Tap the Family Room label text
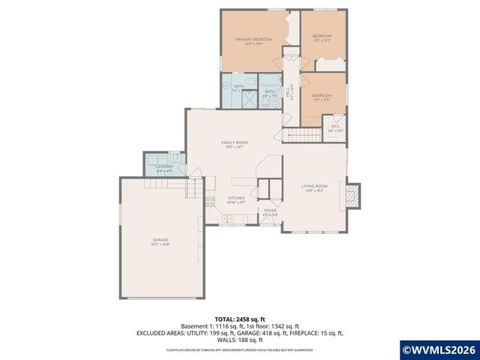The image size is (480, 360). coord(234,142)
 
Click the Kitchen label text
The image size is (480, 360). coord(237,198)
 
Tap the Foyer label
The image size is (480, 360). coord(270,211)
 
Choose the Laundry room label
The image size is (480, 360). coord(164,166)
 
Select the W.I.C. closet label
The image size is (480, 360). coord(335,126)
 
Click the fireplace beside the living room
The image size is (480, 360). coord(353,196)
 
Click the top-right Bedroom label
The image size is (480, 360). coord(322,35)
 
